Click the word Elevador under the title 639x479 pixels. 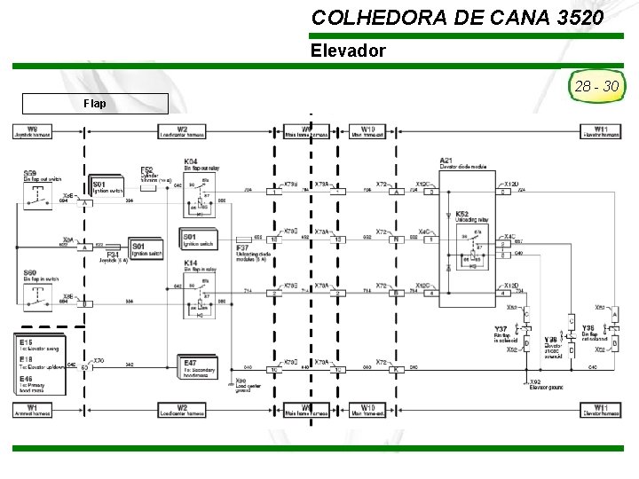coord(348,51)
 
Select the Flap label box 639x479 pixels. coord(95,103)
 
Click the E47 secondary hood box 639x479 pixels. coord(197,368)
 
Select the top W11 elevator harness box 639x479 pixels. coord(600,131)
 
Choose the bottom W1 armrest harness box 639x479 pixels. coord(32,410)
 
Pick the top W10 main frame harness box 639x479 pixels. coord(367,131)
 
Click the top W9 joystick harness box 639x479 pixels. coord(32,131)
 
